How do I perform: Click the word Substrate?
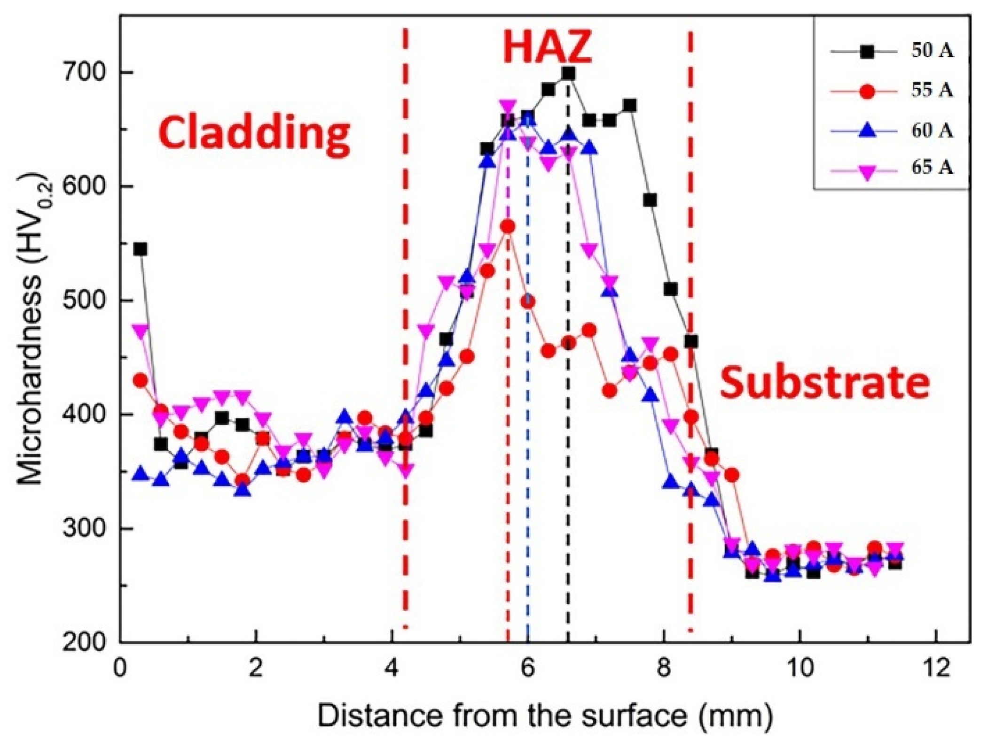pos(825,383)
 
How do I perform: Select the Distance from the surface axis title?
pos(545,716)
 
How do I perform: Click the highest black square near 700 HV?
pos(568,73)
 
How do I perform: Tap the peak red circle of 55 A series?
pos(508,227)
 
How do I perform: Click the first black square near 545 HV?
pos(140,249)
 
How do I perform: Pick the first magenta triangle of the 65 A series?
pos(140,330)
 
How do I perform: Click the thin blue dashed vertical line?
pos(528,470)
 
